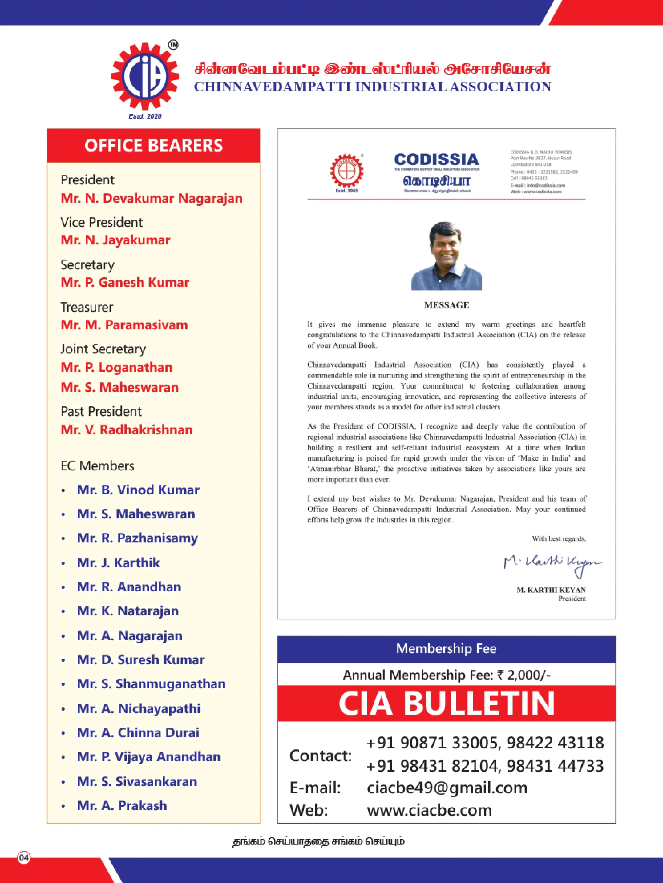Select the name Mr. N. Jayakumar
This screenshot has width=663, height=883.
pyautogui.click(x=115, y=240)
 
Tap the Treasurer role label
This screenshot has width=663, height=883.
pyautogui.click(x=87, y=307)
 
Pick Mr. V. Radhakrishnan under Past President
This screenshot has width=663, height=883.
pyautogui.click(x=127, y=430)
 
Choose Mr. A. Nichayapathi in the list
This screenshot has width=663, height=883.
pyautogui.click(x=139, y=709)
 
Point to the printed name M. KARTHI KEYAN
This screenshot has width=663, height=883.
pyautogui.click(x=551, y=590)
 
